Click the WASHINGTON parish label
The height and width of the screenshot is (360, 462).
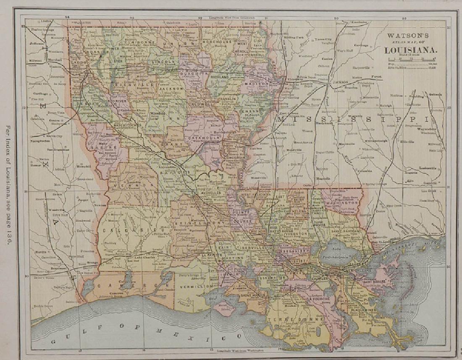[342, 203]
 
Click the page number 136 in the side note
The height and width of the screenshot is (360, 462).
[8, 239]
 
